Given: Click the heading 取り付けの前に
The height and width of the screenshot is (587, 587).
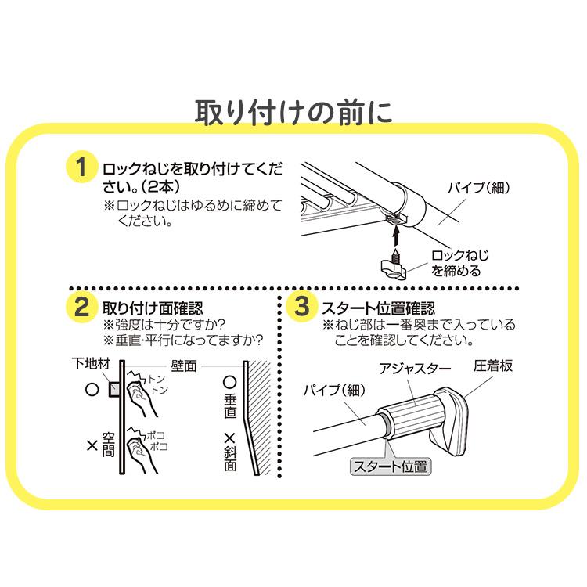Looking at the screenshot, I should point(293,112).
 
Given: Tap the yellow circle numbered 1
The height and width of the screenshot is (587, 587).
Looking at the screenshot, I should point(79,170).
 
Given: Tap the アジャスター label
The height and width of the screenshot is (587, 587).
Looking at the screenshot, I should point(412,368).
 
